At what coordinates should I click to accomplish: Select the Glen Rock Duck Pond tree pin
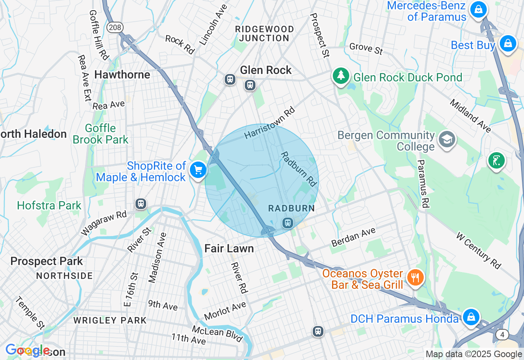coord(341,76)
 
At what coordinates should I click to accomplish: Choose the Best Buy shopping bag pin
coord(508,43)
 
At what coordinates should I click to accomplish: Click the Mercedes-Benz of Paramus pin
coord(478,9)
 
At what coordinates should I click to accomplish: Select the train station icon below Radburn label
coord(288,223)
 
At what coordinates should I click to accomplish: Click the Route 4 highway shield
coord(502,335)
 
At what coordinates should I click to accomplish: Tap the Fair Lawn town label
coord(229,248)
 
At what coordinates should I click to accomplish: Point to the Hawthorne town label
coord(122,75)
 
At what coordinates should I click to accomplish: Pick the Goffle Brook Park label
coord(101,134)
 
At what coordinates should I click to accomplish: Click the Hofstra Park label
coord(49,205)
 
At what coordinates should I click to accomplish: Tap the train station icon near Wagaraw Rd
coord(141,203)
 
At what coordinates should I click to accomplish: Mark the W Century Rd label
coord(479,251)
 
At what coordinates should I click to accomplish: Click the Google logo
coord(27,350)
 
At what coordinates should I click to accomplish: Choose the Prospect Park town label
coord(47,261)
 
